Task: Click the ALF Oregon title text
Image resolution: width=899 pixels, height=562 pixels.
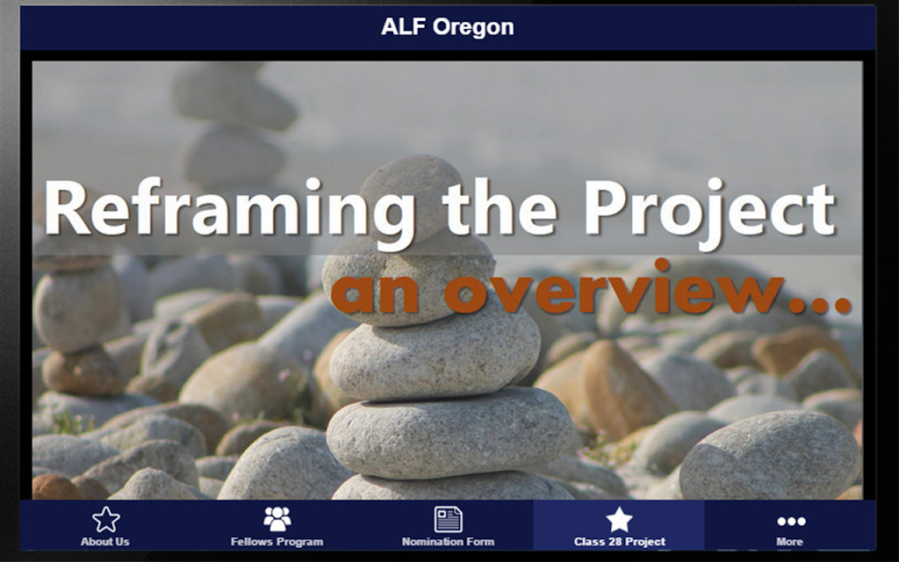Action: pyautogui.click(x=447, y=27)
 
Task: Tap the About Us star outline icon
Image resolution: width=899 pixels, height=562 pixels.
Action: pyautogui.click(x=106, y=519)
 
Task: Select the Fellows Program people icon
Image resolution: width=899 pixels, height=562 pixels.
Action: pyautogui.click(x=277, y=519)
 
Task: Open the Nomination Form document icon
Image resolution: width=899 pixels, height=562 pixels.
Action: pyautogui.click(x=448, y=519)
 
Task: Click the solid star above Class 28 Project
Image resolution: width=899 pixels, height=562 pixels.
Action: pyautogui.click(x=619, y=519)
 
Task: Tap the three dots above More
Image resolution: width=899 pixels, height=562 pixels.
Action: pyautogui.click(x=791, y=522)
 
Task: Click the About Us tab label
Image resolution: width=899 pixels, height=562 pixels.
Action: pyautogui.click(x=105, y=541)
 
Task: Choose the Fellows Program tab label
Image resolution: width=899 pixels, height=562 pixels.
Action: pyautogui.click(x=277, y=541)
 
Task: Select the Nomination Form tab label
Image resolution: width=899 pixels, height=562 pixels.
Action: pyautogui.click(x=448, y=541)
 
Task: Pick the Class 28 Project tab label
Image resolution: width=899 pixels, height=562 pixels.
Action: pyautogui.click(x=619, y=541)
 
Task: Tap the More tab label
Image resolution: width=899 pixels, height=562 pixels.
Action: pyautogui.click(x=789, y=541)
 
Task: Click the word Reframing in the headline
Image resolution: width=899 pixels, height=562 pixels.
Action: pyautogui.click(x=229, y=210)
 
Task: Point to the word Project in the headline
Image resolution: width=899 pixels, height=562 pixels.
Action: pyautogui.click(x=709, y=210)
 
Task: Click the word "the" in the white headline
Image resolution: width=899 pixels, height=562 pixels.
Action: pyautogui.click(x=500, y=206)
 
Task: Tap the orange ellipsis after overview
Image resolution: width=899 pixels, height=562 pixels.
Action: pyautogui.click(x=820, y=304)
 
